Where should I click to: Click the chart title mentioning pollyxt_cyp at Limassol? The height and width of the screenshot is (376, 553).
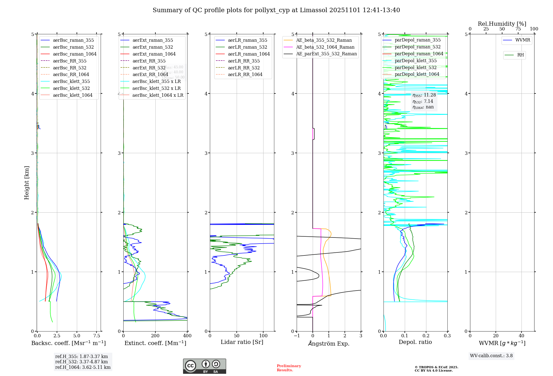coord(276,10)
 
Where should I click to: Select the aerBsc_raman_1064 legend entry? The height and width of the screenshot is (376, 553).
coord(75,54)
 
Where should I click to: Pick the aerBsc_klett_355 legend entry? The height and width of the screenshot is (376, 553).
coord(71,81)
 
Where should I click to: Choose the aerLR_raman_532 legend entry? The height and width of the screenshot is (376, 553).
coord(247,47)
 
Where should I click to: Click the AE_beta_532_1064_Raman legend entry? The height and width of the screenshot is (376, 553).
coord(325,47)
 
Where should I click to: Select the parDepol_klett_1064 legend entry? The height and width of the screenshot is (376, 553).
coord(417,74)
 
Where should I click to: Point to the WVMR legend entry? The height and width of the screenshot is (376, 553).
coord(523,40)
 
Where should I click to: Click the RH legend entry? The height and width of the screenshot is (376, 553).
coord(520,55)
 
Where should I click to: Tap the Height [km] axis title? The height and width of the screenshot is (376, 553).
coord(27,182)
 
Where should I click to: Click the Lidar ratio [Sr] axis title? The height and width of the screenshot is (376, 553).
coord(242,342)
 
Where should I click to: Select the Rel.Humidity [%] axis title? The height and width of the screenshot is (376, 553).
coord(502,24)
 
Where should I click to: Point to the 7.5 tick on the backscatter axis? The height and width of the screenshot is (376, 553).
coord(97,336)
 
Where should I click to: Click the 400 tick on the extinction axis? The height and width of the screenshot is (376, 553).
coord(187,336)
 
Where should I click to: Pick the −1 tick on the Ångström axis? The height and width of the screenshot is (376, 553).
coord(297,336)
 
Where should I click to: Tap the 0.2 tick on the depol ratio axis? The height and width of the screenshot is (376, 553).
coord(426,336)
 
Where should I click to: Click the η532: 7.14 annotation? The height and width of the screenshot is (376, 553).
coord(423,101)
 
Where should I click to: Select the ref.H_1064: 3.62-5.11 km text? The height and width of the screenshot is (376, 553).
coord(83,367)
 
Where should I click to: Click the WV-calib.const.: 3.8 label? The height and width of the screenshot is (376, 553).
coord(491,356)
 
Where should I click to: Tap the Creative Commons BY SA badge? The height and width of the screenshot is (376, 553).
coord(204,366)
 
